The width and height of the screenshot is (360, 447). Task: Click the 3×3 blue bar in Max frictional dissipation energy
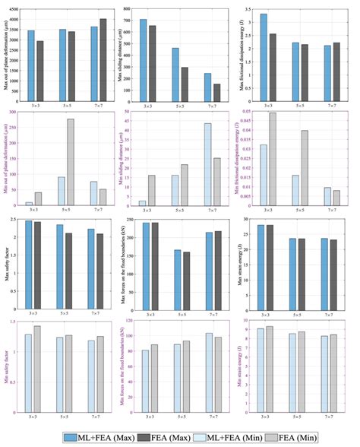click(x=263, y=58)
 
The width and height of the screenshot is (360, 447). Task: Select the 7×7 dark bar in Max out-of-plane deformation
click(x=103, y=59)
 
